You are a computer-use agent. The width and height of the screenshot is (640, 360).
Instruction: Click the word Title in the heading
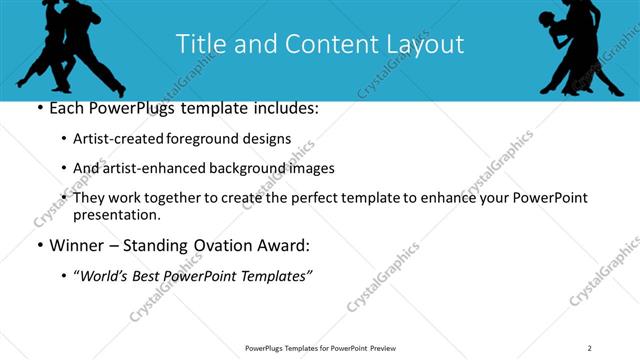tap(199, 44)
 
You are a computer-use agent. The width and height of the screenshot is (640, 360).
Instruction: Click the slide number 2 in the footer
tap(590, 348)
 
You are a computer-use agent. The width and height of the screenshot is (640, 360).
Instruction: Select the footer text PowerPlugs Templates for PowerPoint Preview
tap(320, 348)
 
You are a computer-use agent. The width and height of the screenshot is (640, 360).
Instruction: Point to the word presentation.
tap(116, 215)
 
